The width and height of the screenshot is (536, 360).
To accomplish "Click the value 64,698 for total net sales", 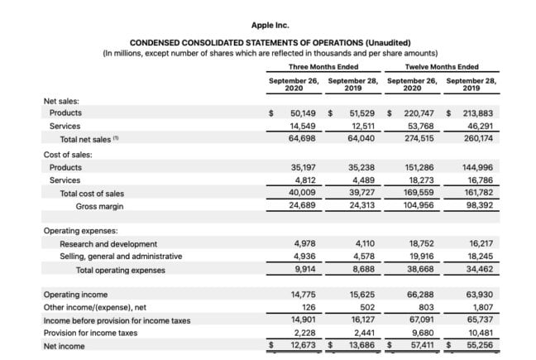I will [x=299, y=139].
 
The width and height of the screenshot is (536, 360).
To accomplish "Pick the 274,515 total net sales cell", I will [x=418, y=139].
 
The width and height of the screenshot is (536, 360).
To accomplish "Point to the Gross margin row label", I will [x=103, y=205].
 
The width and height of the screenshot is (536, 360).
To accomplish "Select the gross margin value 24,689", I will [x=299, y=205].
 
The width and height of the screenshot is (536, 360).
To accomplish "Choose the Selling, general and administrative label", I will [x=121, y=257].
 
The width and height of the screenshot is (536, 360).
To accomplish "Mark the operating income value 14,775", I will [x=299, y=294].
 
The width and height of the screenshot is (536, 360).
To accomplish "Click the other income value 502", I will [x=364, y=307].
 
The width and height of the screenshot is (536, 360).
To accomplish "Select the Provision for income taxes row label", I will [x=90, y=333].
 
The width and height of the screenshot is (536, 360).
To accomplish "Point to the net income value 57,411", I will [x=418, y=345].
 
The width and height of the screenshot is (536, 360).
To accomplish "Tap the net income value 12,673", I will [x=299, y=345].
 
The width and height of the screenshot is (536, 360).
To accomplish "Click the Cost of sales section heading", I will [x=68, y=154].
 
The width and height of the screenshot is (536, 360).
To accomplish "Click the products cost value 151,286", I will [x=418, y=166].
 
